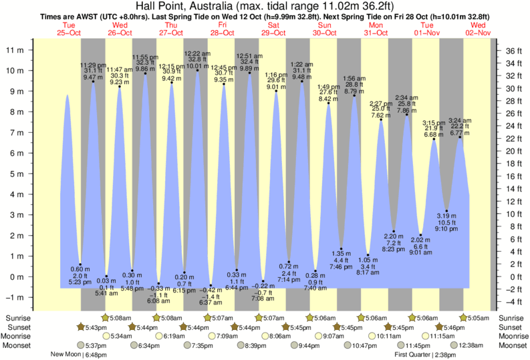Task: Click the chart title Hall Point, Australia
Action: click(x=265, y=6)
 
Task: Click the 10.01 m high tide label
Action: click(x=197, y=65)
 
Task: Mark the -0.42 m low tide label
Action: click(x=211, y=290)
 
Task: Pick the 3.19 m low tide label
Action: click(x=446, y=215)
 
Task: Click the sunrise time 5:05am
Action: click(x=477, y=317)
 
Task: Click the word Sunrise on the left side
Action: click(x=17, y=317)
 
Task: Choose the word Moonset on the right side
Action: click(x=511, y=345)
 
